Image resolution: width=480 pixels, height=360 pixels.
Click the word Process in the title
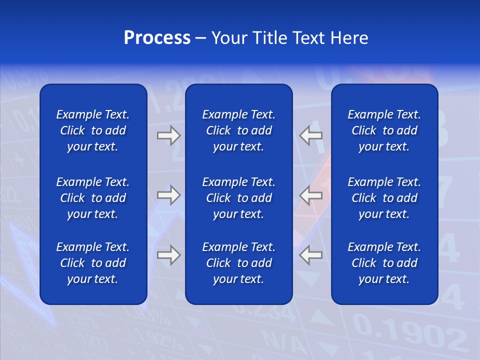click(x=157, y=38)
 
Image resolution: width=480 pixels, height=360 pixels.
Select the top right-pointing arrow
click(x=168, y=135)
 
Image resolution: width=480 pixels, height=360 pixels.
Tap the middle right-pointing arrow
click(x=168, y=195)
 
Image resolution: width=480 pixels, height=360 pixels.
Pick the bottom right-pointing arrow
click(x=168, y=255)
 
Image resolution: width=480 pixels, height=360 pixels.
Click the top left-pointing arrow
click(x=311, y=135)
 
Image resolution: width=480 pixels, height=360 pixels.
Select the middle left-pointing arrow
click(x=311, y=195)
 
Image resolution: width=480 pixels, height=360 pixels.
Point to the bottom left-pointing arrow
click(x=311, y=255)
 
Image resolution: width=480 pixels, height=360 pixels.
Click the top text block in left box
click(x=93, y=130)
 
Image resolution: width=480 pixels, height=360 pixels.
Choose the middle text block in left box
click(x=93, y=198)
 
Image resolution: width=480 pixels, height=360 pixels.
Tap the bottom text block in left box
click(x=93, y=263)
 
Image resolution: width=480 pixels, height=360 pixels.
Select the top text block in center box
click(x=238, y=130)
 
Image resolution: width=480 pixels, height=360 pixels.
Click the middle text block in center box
click(x=238, y=198)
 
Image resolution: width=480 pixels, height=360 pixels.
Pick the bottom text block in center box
click(x=238, y=263)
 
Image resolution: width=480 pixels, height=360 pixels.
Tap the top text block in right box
click(x=384, y=130)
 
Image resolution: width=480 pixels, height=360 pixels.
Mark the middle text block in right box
click(x=384, y=198)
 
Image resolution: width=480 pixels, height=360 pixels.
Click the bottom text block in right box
click(x=384, y=263)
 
